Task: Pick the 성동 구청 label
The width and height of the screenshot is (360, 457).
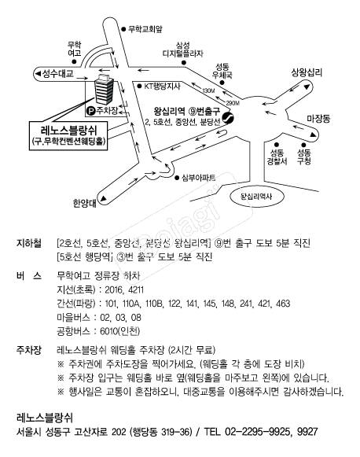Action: [304, 157]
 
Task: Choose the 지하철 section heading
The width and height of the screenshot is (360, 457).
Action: [29, 244]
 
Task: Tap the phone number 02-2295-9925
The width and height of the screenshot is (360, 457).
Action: [270, 432]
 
